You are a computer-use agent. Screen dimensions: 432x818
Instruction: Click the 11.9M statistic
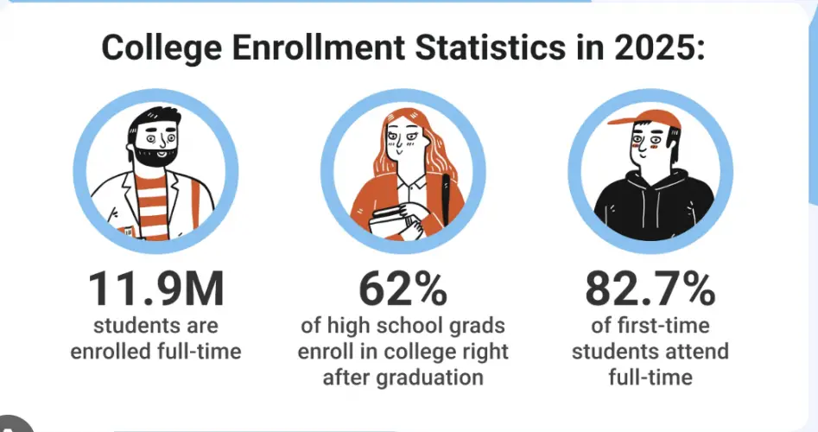click(x=155, y=289)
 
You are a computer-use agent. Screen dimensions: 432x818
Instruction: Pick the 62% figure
click(x=403, y=289)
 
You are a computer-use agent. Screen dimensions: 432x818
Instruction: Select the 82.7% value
click(x=650, y=289)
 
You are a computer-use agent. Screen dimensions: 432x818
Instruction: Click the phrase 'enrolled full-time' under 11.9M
click(x=155, y=352)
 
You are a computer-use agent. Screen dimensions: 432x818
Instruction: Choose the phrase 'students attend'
click(x=650, y=353)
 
